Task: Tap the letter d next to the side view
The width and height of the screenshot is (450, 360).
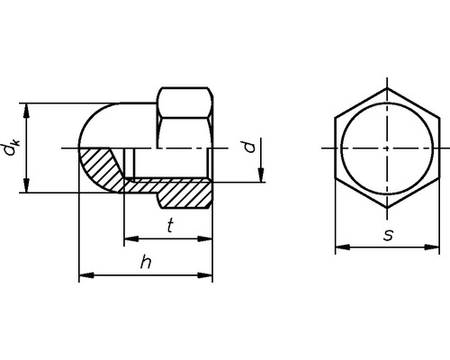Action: [x=253, y=146]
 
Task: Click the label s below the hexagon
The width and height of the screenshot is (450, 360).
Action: [x=387, y=235]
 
